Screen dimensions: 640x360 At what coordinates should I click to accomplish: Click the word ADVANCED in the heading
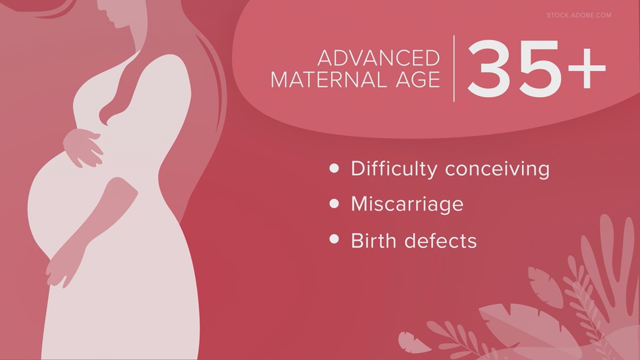(378, 58)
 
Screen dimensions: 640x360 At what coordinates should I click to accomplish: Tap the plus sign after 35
(586, 68)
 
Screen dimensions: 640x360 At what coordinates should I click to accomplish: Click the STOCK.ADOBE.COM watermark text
(579, 15)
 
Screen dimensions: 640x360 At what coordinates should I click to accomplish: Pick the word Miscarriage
(407, 204)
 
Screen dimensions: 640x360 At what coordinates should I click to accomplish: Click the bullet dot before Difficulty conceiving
(334, 168)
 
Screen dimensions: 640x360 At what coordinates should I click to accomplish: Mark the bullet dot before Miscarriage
(334, 203)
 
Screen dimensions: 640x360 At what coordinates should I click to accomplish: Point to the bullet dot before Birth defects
(334, 239)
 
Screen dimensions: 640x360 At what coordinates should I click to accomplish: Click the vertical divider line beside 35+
(454, 69)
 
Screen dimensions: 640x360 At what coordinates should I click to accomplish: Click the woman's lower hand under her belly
(58, 271)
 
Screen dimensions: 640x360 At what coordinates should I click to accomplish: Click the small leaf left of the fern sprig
(412, 342)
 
